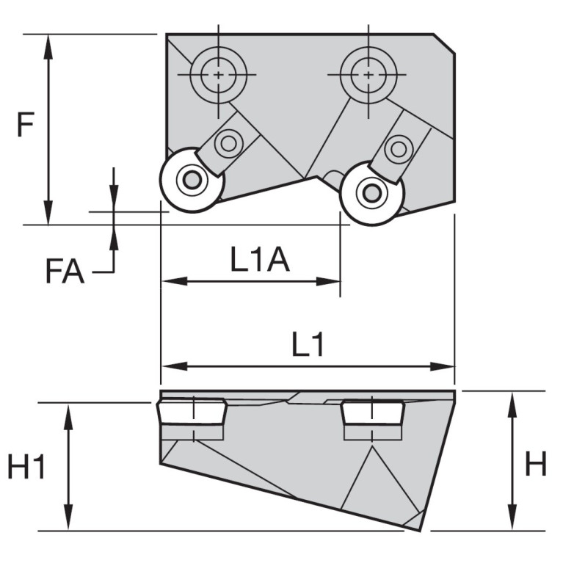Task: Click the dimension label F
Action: [26, 126]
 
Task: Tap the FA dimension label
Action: [65, 272]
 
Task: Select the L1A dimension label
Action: [260, 259]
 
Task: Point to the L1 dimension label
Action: [308, 344]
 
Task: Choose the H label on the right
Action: [536, 463]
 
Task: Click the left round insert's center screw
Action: [192, 179]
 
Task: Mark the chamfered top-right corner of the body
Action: [446, 43]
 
